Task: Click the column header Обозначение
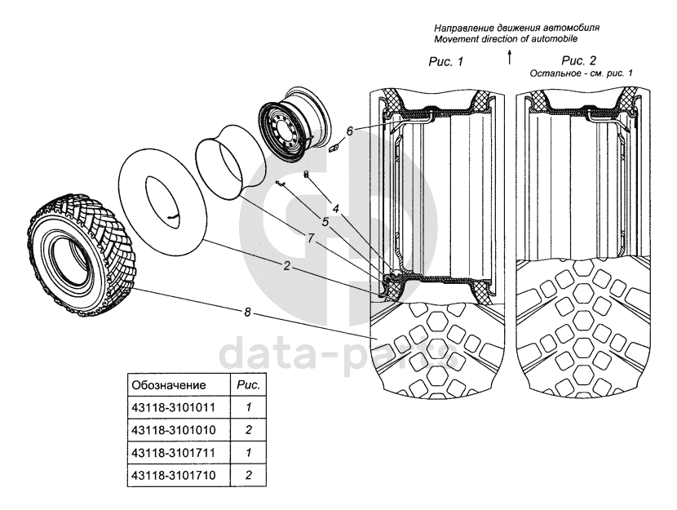(x=169, y=383)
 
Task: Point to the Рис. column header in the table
(x=247, y=383)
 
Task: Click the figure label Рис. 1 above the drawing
(x=445, y=62)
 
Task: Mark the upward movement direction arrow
(x=509, y=56)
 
